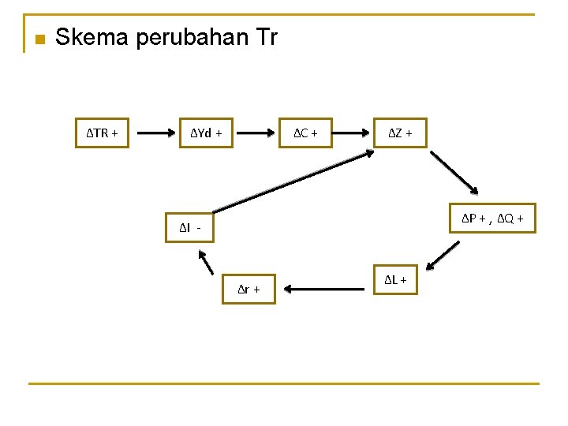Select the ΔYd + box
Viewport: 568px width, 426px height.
pos(206,133)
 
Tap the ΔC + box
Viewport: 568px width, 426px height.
pos(305,133)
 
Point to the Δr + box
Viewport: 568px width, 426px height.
pos(249,289)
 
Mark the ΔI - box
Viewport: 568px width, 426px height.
pos(189,228)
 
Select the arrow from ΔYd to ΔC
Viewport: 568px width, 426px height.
pos(256,133)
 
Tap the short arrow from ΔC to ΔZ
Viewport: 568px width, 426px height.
pos(353,133)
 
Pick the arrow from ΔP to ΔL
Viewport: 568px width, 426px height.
pos(442,255)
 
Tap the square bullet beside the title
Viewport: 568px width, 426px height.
pos(38,39)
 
